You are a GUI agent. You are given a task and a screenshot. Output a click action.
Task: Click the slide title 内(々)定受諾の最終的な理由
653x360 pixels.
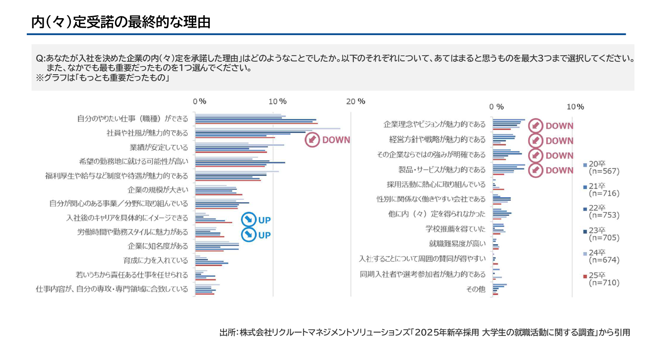tap(121, 22)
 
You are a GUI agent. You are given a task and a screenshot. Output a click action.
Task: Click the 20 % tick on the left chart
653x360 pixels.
tap(355, 101)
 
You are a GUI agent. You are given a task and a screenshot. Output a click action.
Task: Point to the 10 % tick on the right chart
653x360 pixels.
tap(575, 107)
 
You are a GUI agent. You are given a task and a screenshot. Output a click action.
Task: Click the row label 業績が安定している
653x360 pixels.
tap(159, 147)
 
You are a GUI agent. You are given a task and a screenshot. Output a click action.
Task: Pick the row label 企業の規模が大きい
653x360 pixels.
tap(158, 189)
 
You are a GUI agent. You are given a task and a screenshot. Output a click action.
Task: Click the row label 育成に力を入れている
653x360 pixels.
tap(155, 260)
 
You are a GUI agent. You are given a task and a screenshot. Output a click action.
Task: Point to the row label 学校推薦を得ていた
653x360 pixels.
tap(455, 229)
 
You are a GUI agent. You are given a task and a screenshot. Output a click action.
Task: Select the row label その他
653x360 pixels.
tap(475, 289)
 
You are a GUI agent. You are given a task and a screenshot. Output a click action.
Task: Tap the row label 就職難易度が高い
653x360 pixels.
tap(457, 243)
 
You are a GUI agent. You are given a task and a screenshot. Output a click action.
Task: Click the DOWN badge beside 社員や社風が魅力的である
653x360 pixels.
tap(327, 140)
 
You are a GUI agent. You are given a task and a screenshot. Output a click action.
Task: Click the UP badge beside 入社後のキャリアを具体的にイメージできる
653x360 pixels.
tap(256, 220)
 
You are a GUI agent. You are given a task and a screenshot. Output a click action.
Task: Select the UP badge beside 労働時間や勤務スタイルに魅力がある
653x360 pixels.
tap(256, 235)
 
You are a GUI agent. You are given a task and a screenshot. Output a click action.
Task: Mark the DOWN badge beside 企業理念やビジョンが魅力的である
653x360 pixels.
tap(551, 126)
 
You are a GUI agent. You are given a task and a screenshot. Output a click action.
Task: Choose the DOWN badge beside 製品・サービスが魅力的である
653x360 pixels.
tap(551, 170)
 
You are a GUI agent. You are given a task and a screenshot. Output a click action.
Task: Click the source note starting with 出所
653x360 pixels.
tap(425, 332)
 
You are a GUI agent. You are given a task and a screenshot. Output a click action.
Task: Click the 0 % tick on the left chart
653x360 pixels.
tap(199, 101)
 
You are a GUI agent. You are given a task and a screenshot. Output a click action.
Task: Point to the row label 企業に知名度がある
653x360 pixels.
tap(158, 246)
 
